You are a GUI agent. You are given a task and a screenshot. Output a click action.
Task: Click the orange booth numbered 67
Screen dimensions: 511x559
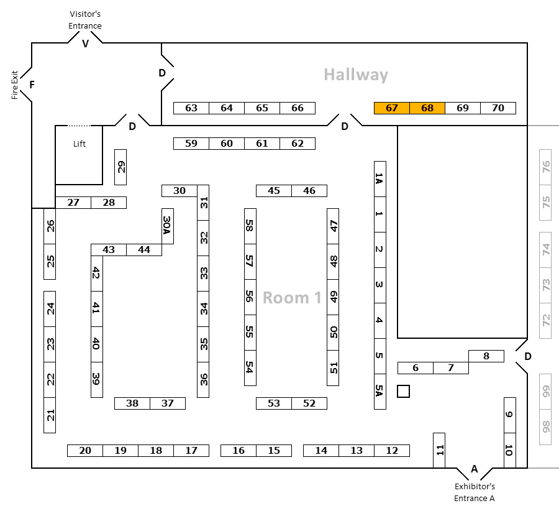click(391, 108)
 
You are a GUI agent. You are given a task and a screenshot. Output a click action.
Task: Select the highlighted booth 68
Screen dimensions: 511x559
click(427, 108)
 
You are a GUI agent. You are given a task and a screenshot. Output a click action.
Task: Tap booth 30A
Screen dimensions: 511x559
click(167, 226)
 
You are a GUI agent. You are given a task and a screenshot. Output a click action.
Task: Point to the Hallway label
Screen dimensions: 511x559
click(356, 75)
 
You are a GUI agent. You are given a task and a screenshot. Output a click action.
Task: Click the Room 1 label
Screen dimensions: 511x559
click(292, 298)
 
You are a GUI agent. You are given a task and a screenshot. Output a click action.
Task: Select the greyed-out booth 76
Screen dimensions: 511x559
click(546, 167)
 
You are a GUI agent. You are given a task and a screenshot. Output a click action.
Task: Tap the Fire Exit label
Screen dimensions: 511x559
click(15, 85)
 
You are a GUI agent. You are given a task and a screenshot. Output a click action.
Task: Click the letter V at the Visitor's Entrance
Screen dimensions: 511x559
click(86, 44)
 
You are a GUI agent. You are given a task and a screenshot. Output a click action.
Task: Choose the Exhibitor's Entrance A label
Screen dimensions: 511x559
click(475, 492)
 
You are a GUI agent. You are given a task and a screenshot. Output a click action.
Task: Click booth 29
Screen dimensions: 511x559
click(120, 167)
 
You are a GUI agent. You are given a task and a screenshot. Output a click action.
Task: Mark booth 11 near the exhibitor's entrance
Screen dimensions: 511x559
click(439, 450)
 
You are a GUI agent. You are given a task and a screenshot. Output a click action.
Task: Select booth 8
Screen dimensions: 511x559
click(486, 356)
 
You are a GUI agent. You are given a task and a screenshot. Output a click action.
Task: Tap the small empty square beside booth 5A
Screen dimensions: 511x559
click(404, 391)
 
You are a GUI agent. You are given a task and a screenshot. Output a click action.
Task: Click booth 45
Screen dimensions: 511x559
click(274, 191)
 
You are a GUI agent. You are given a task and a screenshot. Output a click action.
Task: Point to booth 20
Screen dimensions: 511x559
click(85, 451)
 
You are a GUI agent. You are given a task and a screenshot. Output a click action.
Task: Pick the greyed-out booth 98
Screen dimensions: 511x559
click(546, 427)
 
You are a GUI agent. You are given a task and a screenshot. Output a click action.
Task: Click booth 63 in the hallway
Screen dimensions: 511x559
click(191, 108)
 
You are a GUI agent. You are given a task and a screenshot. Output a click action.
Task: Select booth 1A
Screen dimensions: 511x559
click(380, 179)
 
